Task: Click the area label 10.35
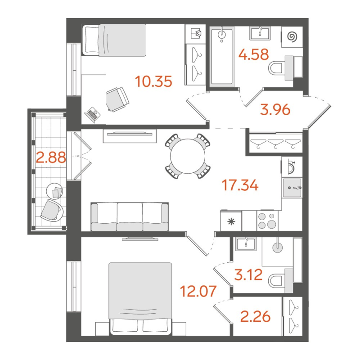pyautogui.click(x=153, y=82)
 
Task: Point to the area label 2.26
pyautogui.click(x=256, y=317)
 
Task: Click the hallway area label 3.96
pyautogui.click(x=274, y=109)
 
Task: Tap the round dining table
pyautogui.click(x=188, y=156)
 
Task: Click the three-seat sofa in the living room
pyautogui.click(x=130, y=217)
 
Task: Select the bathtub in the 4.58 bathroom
pyautogui.click(x=222, y=56)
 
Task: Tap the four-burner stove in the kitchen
pyautogui.click(x=269, y=220)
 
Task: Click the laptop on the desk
pyautogui.click(x=94, y=113)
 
